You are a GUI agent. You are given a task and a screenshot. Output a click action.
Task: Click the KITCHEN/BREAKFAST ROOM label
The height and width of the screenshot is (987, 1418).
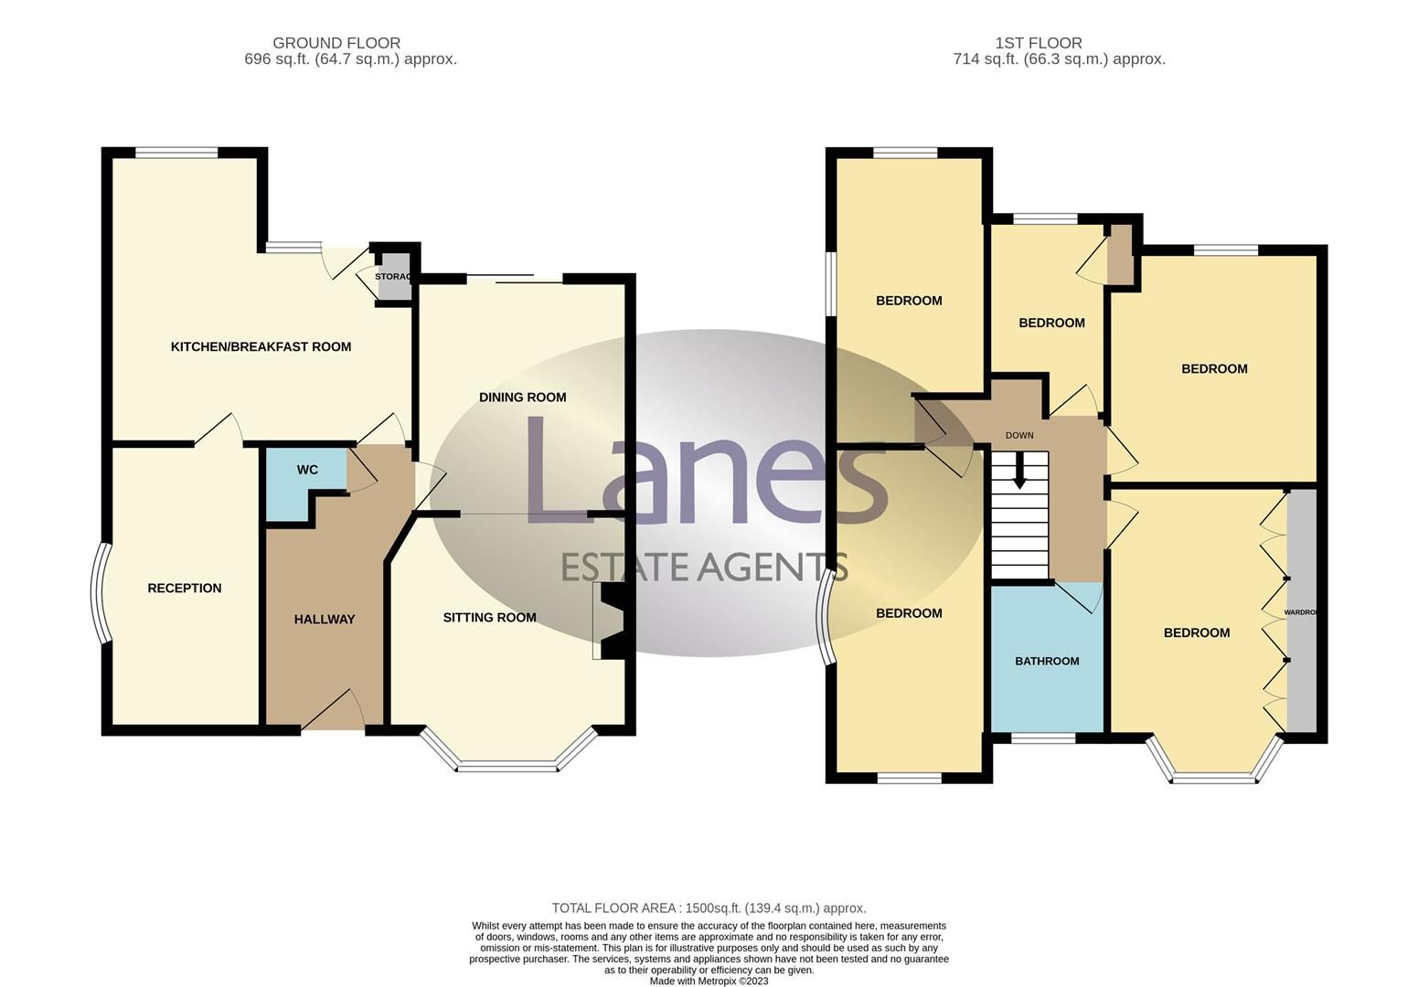pyautogui.click(x=261, y=346)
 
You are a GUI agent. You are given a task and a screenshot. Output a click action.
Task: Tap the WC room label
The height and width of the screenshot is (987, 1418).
pyautogui.click(x=307, y=470)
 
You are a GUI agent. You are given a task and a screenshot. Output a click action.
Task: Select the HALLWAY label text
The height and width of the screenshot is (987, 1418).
pyautogui.click(x=325, y=620)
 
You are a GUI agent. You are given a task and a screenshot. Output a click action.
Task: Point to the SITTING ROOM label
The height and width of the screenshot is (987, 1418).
pyautogui.click(x=489, y=618)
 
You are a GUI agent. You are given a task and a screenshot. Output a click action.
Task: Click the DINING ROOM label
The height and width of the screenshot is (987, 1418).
pyautogui.click(x=522, y=398)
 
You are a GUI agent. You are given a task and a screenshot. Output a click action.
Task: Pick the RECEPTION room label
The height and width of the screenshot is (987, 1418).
pyautogui.click(x=185, y=589)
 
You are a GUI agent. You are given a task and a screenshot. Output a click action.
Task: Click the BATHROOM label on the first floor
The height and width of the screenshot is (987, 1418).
pyautogui.click(x=1047, y=662)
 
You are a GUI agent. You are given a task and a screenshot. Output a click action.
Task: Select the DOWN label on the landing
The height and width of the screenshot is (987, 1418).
pyautogui.click(x=1019, y=436)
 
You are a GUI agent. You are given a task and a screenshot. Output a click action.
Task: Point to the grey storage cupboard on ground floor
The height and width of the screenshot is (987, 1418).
pyautogui.click(x=394, y=277)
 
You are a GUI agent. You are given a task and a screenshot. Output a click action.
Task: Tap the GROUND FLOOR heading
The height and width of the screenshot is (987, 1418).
pyautogui.click(x=336, y=43)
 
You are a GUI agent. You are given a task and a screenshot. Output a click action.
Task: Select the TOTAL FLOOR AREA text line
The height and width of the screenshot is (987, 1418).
pyautogui.click(x=709, y=908)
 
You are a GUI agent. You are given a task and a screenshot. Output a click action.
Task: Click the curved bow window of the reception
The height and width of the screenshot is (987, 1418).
pyautogui.click(x=98, y=594)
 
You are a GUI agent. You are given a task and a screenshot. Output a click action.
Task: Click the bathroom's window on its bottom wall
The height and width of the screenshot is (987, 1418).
pyautogui.click(x=1043, y=738)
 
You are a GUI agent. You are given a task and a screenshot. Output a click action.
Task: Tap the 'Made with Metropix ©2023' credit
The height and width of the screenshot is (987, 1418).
pyautogui.click(x=709, y=982)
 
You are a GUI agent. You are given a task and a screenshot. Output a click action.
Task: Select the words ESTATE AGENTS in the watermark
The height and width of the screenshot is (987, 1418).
pyautogui.click(x=704, y=568)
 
